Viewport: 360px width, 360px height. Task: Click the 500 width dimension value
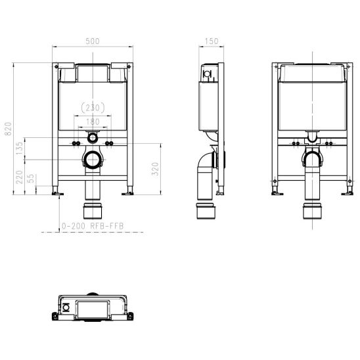tap(93, 41)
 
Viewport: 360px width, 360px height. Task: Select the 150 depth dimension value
tap(211, 41)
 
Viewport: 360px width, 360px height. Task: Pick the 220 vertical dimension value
tap(20, 177)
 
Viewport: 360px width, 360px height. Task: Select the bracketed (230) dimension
tap(93, 107)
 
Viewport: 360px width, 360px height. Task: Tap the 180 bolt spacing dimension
tap(93, 121)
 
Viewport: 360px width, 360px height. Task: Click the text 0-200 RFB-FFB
tap(93, 226)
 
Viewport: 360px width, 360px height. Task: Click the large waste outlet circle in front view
tap(93, 160)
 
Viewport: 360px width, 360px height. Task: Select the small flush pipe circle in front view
tap(93, 139)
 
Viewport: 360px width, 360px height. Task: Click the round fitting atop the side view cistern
tap(208, 74)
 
